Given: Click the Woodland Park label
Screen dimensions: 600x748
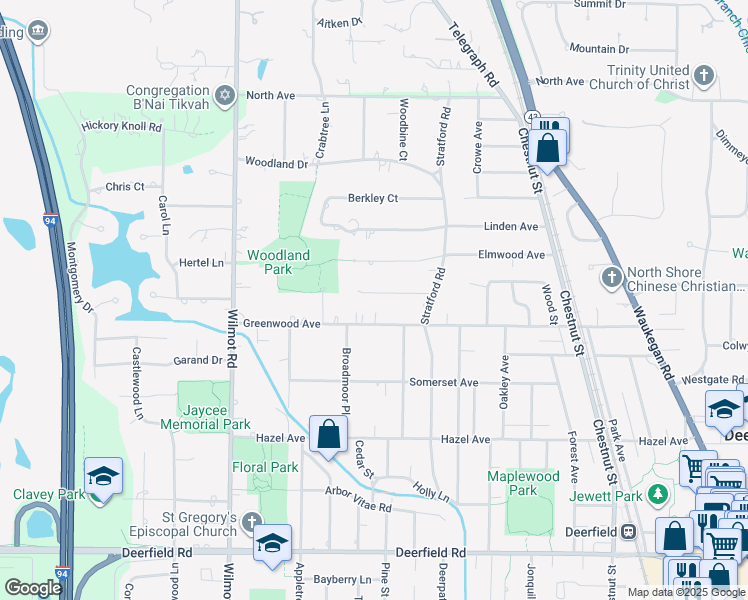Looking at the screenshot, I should pos(278,263).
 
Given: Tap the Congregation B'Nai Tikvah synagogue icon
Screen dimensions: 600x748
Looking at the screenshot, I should pos(225,95).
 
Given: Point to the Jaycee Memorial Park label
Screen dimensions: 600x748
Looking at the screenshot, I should pos(216,417).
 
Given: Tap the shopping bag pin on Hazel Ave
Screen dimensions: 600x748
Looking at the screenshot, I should pos(328,435).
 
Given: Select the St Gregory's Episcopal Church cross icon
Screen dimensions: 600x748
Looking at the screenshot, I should pos(251,519).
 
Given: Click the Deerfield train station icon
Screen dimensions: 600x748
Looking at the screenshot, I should pos(629,531).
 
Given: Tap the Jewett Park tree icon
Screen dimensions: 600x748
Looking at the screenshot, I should pos(657,495).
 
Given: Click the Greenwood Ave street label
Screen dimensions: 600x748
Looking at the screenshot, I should pos(282,324).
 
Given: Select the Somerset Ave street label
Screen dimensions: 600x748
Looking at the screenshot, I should pos(444,382).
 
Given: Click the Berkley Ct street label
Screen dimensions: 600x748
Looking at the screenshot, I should pos(373,198).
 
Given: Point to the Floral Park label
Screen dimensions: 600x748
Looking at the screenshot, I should pos(266,467).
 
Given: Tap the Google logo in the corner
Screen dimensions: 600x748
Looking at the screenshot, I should pos(34,588).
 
